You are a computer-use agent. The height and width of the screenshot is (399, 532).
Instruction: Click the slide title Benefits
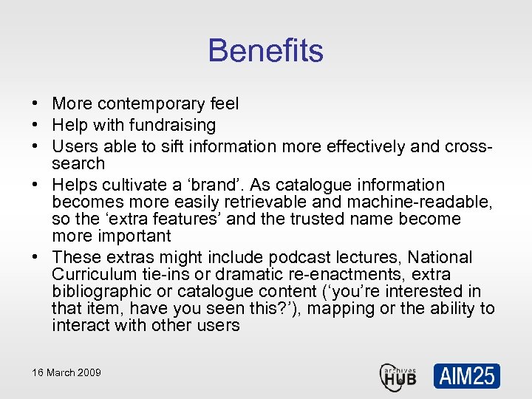pyautogui.click(x=265, y=51)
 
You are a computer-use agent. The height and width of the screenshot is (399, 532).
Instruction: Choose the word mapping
pyautogui.click(x=342, y=308)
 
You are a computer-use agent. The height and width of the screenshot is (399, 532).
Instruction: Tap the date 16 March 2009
pyautogui.click(x=66, y=372)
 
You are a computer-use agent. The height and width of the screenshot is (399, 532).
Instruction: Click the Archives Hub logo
pyautogui.click(x=398, y=375)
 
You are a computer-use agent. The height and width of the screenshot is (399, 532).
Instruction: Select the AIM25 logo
pyautogui.click(x=466, y=375)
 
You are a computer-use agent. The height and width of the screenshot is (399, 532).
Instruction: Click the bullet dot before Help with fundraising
pyautogui.click(x=35, y=126)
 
